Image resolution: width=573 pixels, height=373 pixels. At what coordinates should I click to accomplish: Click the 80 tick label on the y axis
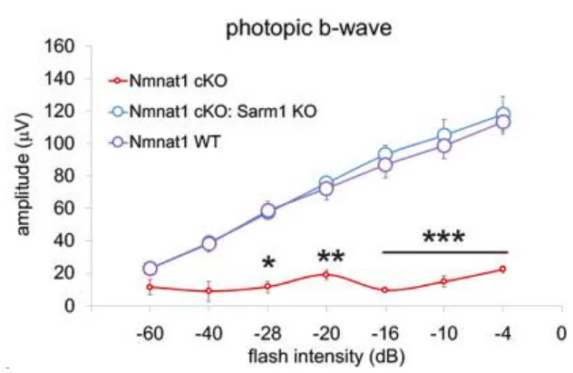click(x=68, y=176)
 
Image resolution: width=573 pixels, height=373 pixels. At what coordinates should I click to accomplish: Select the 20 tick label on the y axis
click(x=68, y=273)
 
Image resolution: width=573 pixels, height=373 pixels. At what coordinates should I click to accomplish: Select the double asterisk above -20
click(x=330, y=258)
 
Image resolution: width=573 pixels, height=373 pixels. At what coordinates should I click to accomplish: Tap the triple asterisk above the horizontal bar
click(x=443, y=239)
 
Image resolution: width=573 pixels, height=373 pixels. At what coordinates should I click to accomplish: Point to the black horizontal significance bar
click(x=443, y=251)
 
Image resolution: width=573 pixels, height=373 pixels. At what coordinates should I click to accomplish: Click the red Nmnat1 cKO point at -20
click(x=326, y=274)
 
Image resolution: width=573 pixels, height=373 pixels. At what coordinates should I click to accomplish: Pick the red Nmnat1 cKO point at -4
click(x=502, y=269)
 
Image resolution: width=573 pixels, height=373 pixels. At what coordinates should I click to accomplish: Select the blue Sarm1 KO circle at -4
click(x=502, y=115)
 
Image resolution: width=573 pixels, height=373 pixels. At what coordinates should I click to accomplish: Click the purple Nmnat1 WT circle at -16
click(x=384, y=164)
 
